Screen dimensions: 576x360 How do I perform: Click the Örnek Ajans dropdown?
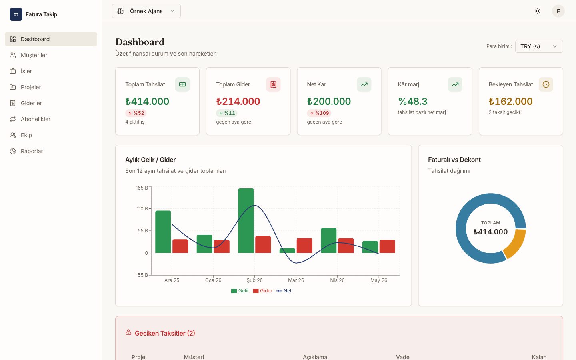(x=146, y=11)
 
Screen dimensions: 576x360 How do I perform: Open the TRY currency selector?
(x=539, y=46)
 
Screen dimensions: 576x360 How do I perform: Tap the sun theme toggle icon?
(x=538, y=11)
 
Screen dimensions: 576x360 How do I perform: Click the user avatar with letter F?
(x=558, y=11)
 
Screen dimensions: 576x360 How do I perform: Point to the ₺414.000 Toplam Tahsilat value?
(x=147, y=101)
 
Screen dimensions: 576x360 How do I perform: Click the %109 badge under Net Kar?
(x=319, y=113)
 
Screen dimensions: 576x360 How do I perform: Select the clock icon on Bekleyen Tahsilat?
(x=546, y=84)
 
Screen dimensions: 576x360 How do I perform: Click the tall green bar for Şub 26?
(x=246, y=221)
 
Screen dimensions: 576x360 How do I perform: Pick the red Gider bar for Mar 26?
(x=304, y=246)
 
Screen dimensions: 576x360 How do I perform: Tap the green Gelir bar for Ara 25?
(x=163, y=232)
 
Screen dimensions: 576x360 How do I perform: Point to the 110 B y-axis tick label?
(x=142, y=208)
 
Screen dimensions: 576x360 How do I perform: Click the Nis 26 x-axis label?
(x=337, y=280)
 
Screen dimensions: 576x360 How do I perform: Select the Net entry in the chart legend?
(x=284, y=291)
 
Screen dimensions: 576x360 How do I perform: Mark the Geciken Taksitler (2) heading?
(x=165, y=333)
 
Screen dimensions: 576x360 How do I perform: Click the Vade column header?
(x=403, y=357)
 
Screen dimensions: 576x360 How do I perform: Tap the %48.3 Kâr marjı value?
(x=413, y=101)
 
